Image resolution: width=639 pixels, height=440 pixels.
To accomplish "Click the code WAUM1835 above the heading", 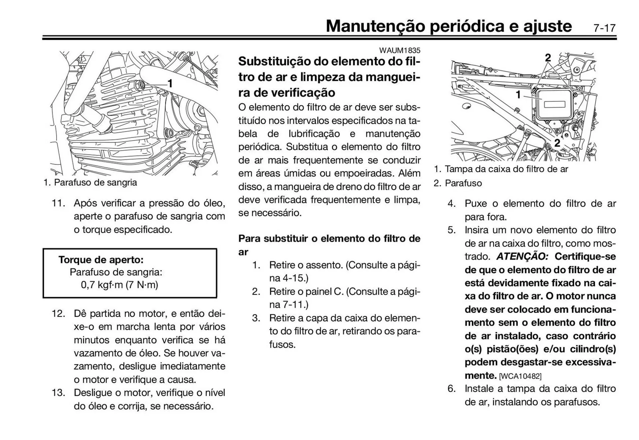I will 399,50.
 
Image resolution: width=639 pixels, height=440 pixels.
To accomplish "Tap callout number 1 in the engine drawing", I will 170,84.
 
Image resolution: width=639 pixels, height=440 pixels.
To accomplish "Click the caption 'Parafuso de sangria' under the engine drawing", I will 95,183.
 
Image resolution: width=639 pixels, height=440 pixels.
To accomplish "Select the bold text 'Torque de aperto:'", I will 101,260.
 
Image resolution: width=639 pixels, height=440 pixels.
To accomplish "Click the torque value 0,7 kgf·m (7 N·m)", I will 119,285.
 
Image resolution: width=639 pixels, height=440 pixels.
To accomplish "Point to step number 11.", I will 58,203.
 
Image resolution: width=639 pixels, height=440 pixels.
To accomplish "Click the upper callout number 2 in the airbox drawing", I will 548,58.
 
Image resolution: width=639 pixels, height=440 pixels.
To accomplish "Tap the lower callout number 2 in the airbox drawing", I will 557,143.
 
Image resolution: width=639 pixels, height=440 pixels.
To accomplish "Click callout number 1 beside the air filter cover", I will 518,95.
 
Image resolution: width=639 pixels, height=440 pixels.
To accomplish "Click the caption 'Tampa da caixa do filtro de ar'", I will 506,169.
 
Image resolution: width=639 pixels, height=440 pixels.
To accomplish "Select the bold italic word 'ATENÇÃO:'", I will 522,257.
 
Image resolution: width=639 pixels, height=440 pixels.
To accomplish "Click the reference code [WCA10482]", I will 520,376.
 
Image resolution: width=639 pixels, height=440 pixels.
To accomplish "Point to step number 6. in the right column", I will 451,389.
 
